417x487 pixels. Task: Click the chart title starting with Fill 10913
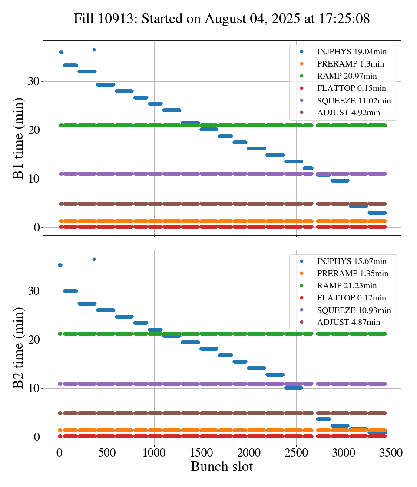pyautogui.click(x=222, y=19)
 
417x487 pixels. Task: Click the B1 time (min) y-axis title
pyautogui.click(x=18, y=138)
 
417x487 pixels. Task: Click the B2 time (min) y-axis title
pyautogui.click(x=18, y=348)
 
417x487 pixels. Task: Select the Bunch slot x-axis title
pyautogui.click(x=222, y=467)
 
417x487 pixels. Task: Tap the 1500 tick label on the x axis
pyautogui.click(x=202, y=452)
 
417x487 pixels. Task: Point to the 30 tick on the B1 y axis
pyautogui.click(x=34, y=81)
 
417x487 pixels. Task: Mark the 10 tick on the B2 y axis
pyautogui.click(x=34, y=388)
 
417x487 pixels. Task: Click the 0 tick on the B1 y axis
pyautogui.click(x=37, y=227)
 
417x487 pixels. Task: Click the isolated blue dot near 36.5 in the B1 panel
pyautogui.click(x=94, y=50)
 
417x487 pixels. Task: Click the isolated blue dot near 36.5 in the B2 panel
pyautogui.click(x=94, y=259)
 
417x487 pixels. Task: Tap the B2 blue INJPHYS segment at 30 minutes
pyautogui.click(x=70, y=291)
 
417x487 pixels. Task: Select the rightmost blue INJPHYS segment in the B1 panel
pyautogui.click(x=377, y=213)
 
